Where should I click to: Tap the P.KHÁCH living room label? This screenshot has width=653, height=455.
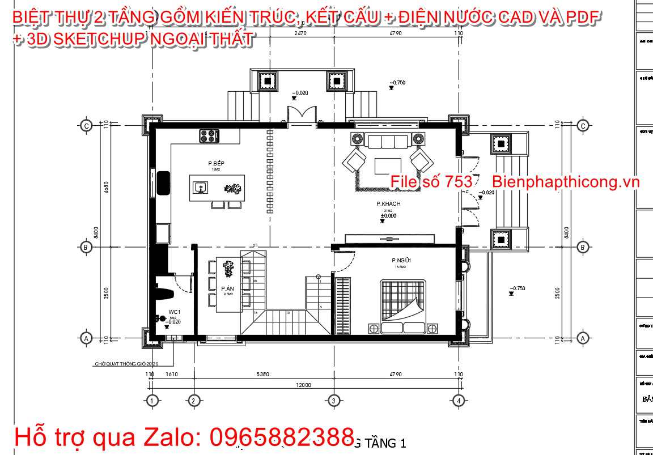click(x=388, y=203)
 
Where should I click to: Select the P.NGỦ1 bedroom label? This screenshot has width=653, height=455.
click(x=401, y=261)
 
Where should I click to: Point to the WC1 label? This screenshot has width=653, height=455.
click(x=174, y=312)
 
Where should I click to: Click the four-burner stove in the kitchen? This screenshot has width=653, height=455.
click(x=209, y=136)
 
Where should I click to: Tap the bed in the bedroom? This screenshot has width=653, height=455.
click(x=401, y=300)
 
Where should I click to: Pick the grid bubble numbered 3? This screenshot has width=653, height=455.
click(x=333, y=401)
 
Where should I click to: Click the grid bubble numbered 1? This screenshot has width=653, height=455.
click(x=151, y=401)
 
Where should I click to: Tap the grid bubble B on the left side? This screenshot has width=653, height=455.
click(x=86, y=247)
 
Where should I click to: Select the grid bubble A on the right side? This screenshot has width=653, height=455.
click(x=582, y=338)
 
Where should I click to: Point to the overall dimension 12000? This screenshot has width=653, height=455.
click(x=303, y=385)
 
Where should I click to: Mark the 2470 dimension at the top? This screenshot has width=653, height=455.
click(x=300, y=34)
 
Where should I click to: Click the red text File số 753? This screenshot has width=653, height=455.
click(x=431, y=181)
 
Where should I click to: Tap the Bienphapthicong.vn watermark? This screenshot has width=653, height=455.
click(x=566, y=181)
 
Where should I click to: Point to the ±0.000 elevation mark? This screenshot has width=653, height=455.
click(x=388, y=216)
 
